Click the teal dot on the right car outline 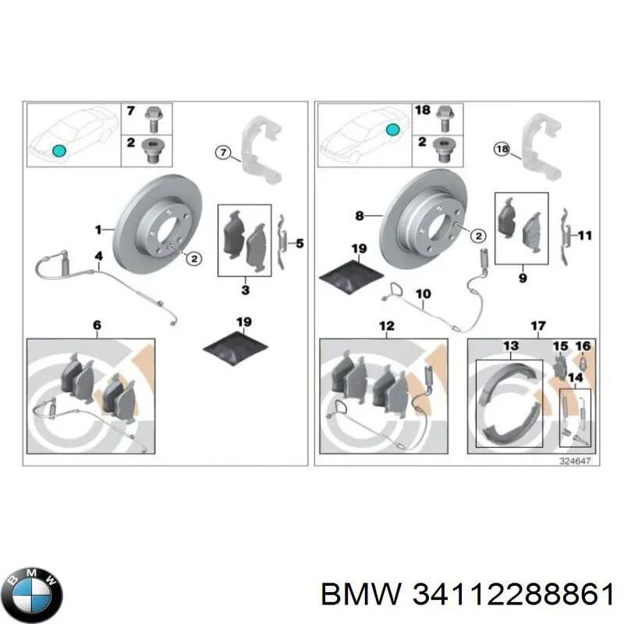(394, 128)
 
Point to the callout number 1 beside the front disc (98, 229)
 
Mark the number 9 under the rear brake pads (522, 277)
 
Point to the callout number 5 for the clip (300, 244)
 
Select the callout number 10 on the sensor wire (422, 294)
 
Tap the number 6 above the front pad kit (97, 324)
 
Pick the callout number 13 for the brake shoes (510, 346)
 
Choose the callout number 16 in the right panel (583, 346)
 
